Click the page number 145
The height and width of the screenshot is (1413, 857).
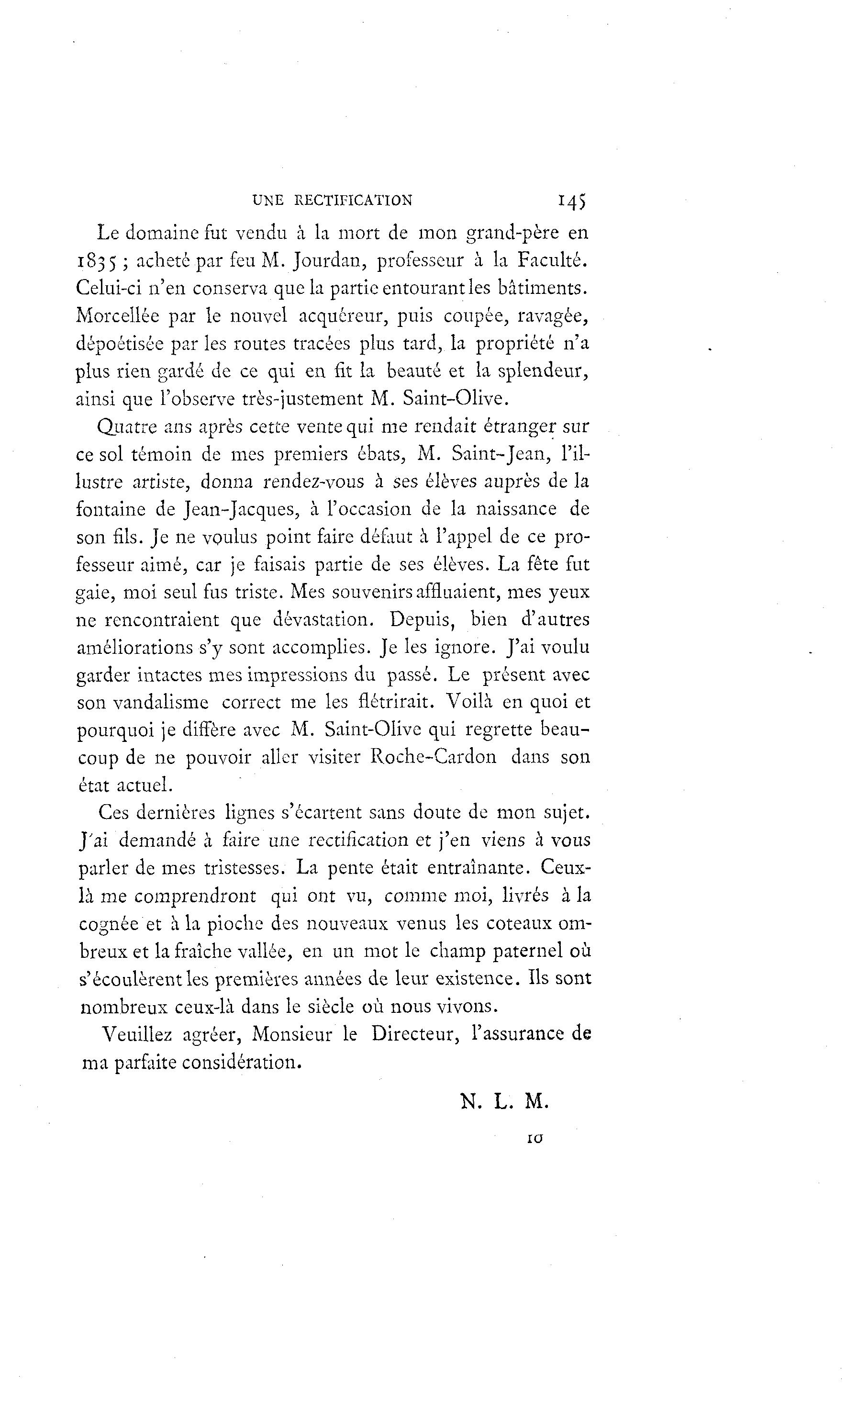(x=571, y=200)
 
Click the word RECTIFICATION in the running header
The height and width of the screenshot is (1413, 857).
(x=353, y=200)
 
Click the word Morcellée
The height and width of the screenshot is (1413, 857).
(x=118, y=315)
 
